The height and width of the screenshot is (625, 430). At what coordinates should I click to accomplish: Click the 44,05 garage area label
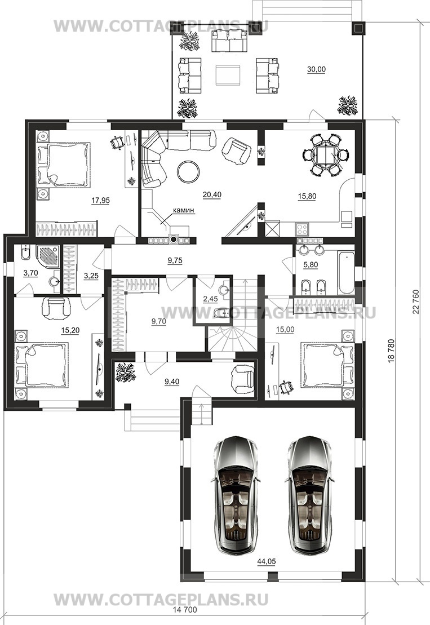pos(266,562)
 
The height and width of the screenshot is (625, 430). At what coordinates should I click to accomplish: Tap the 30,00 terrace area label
pos(316,69)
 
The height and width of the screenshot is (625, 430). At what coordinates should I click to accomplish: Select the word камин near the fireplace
pos(183,210)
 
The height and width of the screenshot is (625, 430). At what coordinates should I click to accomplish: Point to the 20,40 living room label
pos(212,195)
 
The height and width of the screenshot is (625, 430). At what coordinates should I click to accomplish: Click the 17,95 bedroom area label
pos(100,201)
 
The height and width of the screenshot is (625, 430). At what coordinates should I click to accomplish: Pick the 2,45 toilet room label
pos(210,299)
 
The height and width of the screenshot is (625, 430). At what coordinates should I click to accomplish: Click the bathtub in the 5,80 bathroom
pos(345,273)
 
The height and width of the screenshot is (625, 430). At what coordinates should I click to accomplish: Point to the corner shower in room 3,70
pos(48,258)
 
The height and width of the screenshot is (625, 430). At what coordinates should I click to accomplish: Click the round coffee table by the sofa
pos(188,171)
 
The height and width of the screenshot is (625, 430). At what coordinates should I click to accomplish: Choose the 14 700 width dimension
pos(184,610)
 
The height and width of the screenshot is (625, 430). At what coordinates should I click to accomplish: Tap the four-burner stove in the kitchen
pos(302,229)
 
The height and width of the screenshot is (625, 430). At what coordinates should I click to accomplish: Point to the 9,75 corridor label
pos(175,260)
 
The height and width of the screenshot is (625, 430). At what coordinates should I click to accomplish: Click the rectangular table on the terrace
pos(228,74)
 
